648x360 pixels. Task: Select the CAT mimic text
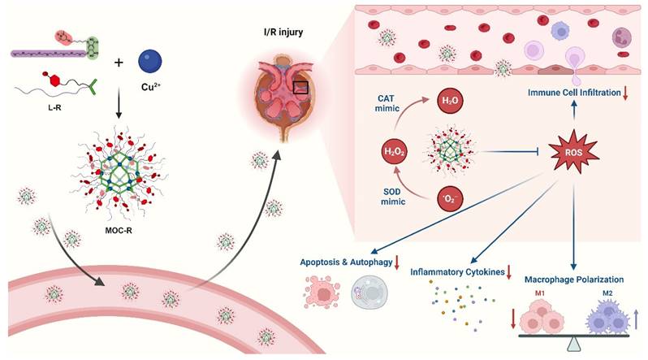tap(387, 103)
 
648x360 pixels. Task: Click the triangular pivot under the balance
tap(572, 345)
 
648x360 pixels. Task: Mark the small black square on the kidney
tap(300, 87)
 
